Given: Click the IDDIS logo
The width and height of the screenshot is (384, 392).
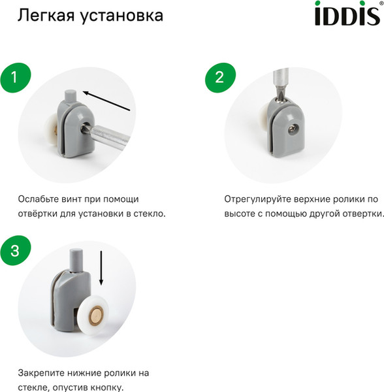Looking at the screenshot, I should [x=346, y=14].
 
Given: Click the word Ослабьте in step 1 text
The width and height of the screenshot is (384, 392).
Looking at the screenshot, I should [x=40, y=199].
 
